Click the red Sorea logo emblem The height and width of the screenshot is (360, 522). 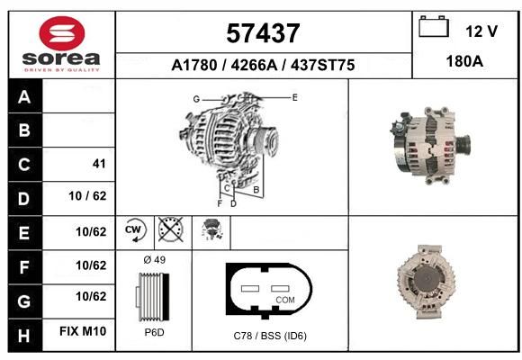(x=62, y=33)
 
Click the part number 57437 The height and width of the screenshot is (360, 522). (x=263, y=33)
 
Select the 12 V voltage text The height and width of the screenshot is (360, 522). (x=481, y=31)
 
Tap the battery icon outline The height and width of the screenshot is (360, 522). (x=434, y=26)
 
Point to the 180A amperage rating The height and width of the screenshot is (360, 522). (x=464, y=61)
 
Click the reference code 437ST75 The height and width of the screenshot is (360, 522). (x=322, y=65)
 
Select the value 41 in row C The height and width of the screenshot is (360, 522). (x=99, y=164)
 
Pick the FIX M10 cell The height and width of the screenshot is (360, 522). (x=83, y=331)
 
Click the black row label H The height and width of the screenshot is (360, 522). (x=25, y=335)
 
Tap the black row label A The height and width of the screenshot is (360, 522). (x=25, y=96)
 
